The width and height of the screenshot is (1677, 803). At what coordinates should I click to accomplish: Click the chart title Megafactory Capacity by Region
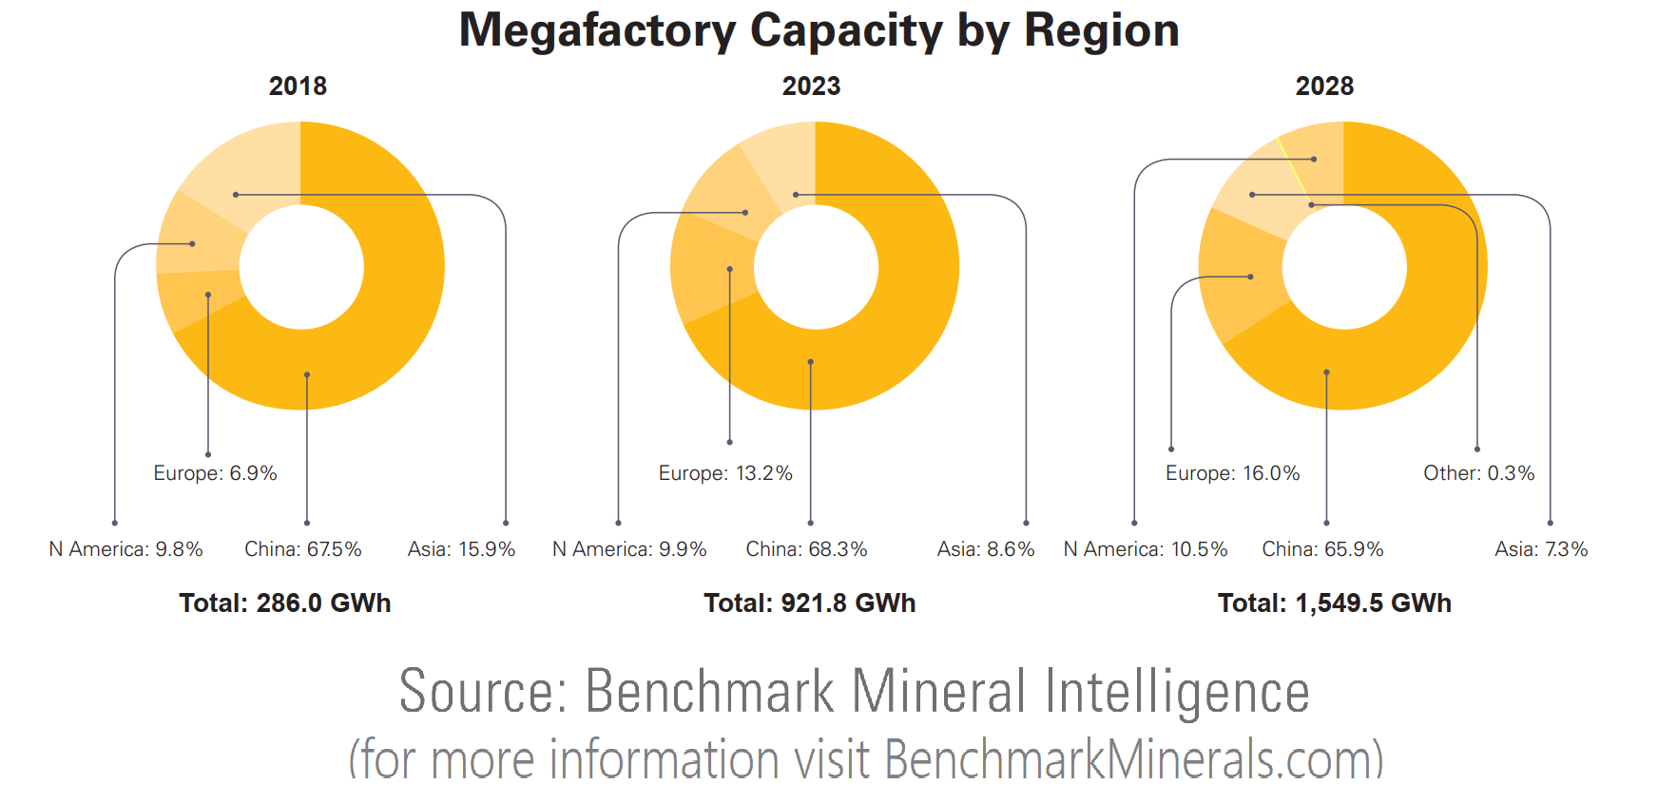[819, 30]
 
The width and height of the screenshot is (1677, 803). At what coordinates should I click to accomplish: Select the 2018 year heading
[298, 86]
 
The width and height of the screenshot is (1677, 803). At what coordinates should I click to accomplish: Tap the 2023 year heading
[811, 86]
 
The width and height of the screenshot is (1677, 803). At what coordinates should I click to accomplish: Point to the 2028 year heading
[1324, 86]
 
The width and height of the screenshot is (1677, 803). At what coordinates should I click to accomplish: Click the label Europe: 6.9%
[216, 473]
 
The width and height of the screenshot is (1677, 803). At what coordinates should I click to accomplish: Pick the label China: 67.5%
[302, 549]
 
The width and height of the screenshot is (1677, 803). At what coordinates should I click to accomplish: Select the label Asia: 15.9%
[461, 549]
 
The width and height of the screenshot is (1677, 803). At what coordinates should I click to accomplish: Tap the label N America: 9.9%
[629, 549]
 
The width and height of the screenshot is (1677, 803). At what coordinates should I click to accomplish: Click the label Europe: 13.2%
[725, 473]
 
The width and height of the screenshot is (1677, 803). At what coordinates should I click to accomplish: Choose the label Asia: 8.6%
[986, 549]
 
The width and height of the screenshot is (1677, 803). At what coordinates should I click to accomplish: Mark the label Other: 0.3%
[1478, 473]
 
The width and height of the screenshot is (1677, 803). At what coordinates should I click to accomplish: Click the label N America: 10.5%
[1146, 549]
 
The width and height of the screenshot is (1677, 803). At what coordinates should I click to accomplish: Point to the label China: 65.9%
[1322, 549]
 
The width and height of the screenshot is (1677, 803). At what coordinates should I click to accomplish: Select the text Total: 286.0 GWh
[285, 603]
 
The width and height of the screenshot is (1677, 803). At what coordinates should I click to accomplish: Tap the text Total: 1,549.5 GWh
[1335, 603]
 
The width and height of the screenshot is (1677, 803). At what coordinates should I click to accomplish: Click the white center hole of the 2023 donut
[816, 267]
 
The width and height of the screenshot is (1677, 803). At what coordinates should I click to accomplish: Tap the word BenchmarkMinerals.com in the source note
[1131, 760]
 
